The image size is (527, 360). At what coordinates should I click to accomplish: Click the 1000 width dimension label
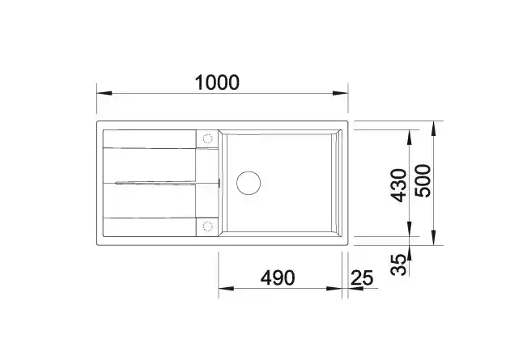click(x=217, y=83)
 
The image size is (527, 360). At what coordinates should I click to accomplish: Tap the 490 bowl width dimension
click(x=278, y=277)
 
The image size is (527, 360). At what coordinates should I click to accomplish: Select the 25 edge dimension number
click(x=362, y=277)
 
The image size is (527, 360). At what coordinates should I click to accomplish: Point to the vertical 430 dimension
click(x=399, y=185)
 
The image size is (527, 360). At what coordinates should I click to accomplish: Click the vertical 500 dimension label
click(x=423, y=180)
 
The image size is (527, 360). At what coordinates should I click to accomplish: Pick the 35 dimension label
click(x=399, y=265)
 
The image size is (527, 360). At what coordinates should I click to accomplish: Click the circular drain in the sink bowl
click(x=249, y=183)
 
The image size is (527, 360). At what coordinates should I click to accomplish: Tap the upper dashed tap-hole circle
click(x=208, y=138)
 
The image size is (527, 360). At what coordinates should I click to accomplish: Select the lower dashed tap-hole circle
click(x=208, y=227)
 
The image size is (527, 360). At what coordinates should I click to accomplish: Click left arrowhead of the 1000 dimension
click(x=104, y=93)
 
